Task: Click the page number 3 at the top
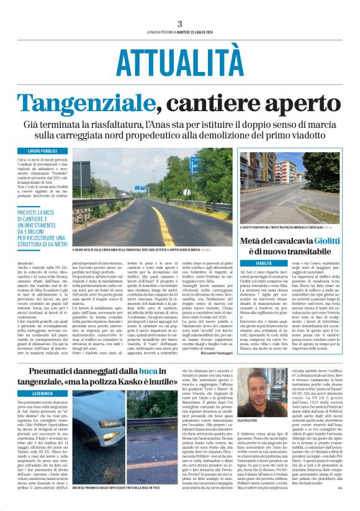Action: [179, 24]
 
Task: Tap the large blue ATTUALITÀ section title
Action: [179, 62]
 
